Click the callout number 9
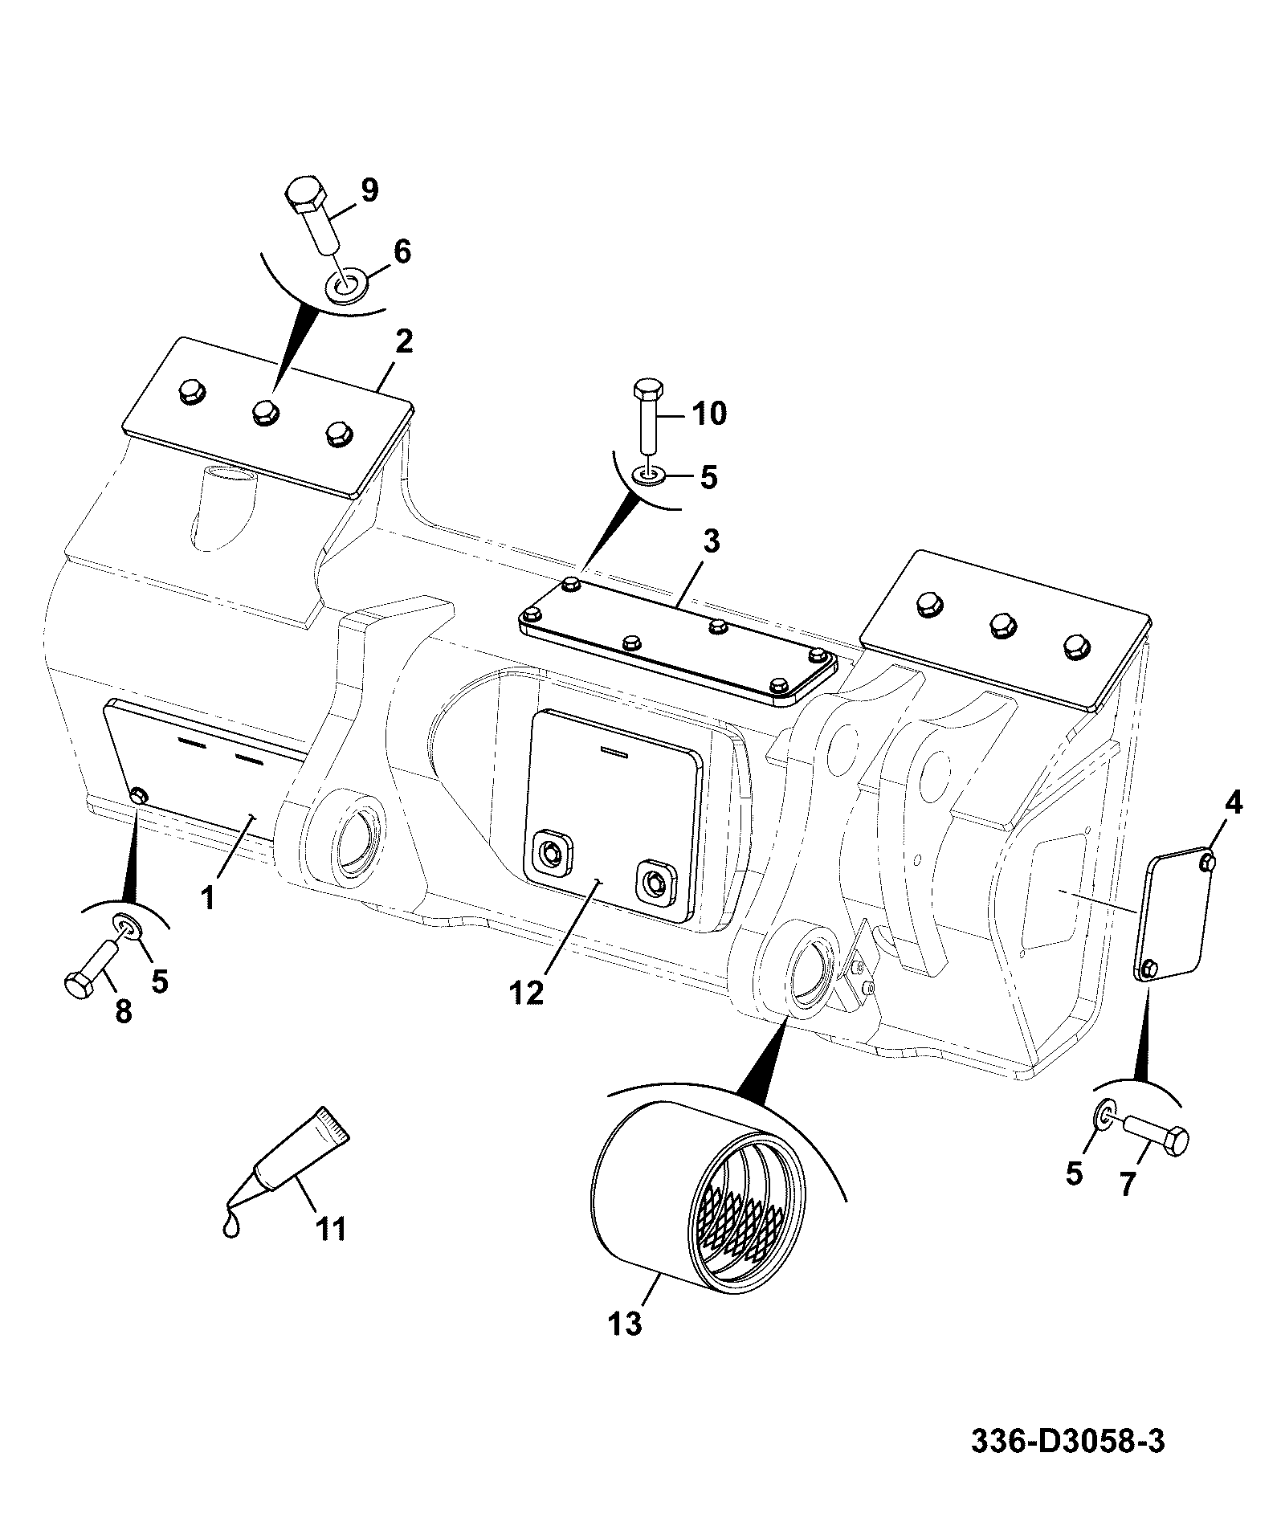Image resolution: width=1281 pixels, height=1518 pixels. tap(369, 190)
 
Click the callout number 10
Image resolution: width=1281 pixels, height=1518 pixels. tap(708, 414)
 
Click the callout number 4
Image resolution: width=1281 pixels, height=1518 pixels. tap(1233, 802)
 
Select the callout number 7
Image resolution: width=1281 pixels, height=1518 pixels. tap(1128, 1183)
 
